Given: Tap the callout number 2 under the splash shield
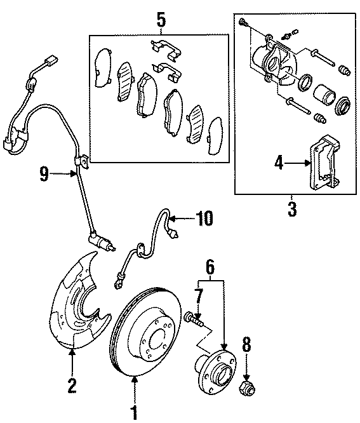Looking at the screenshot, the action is click(x=72, y=386).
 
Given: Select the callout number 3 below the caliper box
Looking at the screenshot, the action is click(x=292, y=209).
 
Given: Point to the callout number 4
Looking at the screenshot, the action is click(x=279, y=163).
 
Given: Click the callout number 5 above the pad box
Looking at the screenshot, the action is click(x=161, y=20).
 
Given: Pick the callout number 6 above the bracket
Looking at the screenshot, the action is click(x=210, y=267).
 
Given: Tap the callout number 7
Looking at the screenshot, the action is click(x=199, y=297).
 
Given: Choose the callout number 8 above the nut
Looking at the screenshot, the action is click(x=246, y=344).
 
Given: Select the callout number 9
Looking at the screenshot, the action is click(x=44, y=174).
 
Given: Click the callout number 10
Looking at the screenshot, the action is click(x=204, y=218).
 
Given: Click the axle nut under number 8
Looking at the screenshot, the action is click(x=247, y=389).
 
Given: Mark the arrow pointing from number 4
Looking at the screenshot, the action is click(x=297, y=163).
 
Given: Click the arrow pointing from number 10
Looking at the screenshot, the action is click(x=183, y=218).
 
